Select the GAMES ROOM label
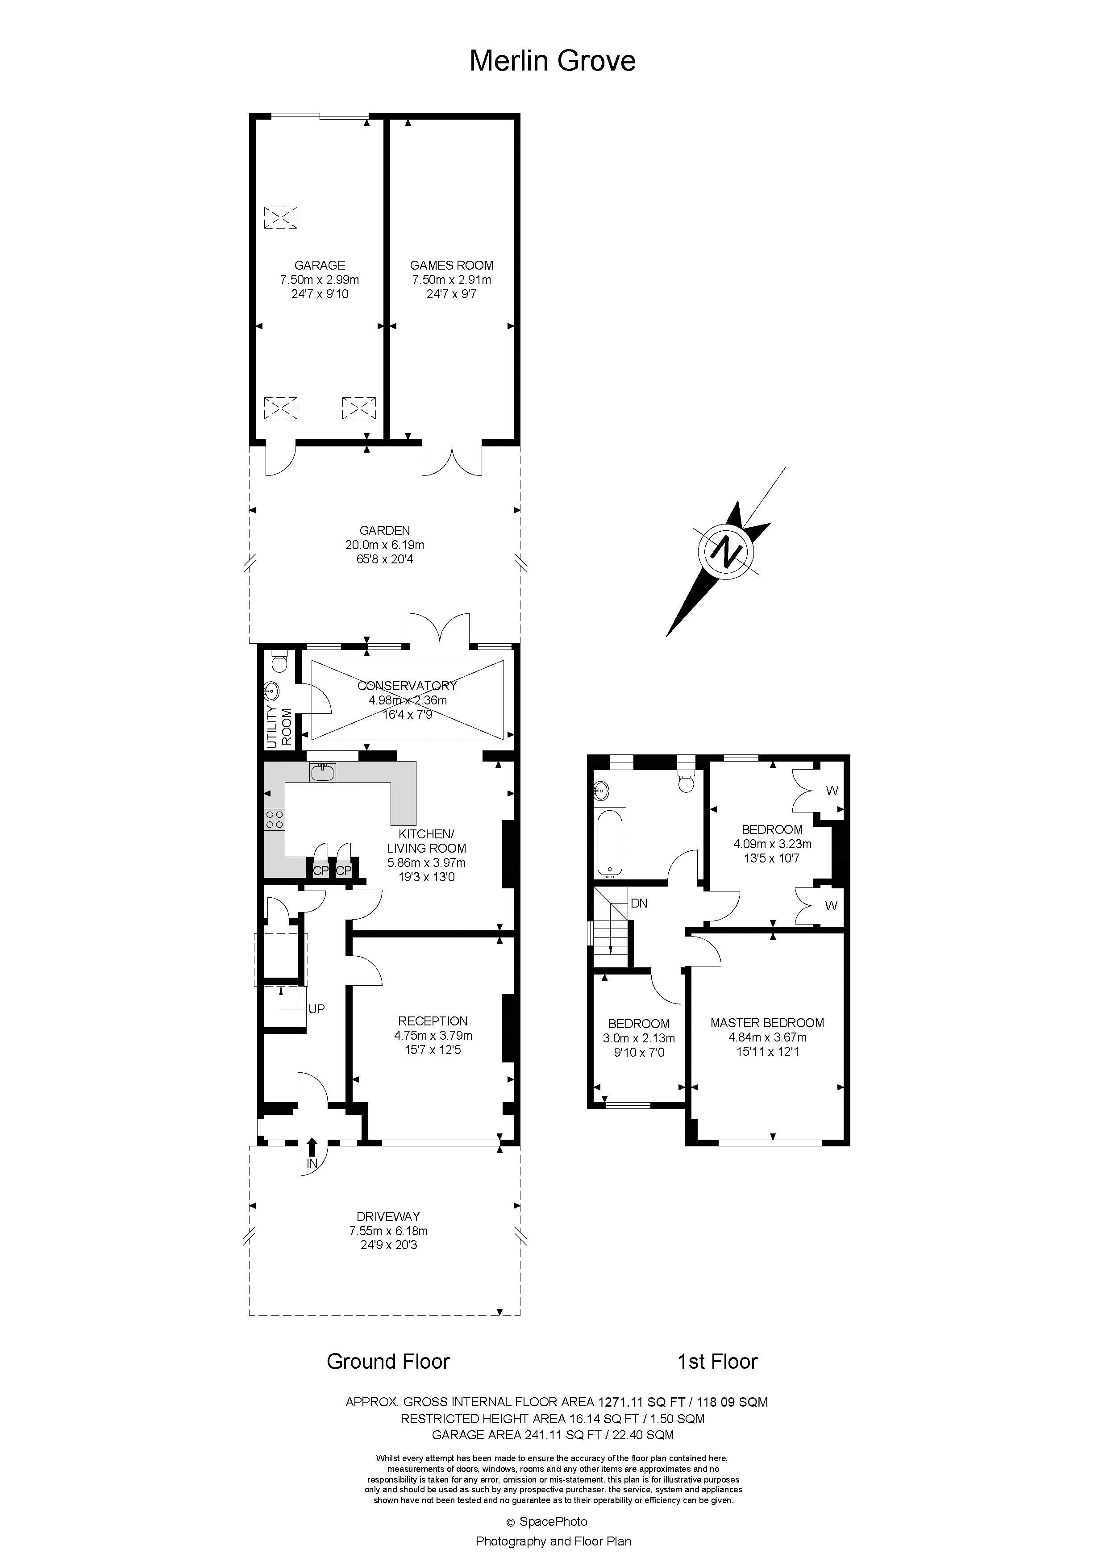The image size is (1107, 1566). coord(452,265)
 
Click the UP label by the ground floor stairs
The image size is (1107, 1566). coord(316,1009)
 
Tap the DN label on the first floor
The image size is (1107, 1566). coord(639,903)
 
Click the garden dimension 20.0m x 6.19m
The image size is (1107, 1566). coord(385,545)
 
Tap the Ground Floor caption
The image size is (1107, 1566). coord(388,1362)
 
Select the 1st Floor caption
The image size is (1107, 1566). coord(717,1362)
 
